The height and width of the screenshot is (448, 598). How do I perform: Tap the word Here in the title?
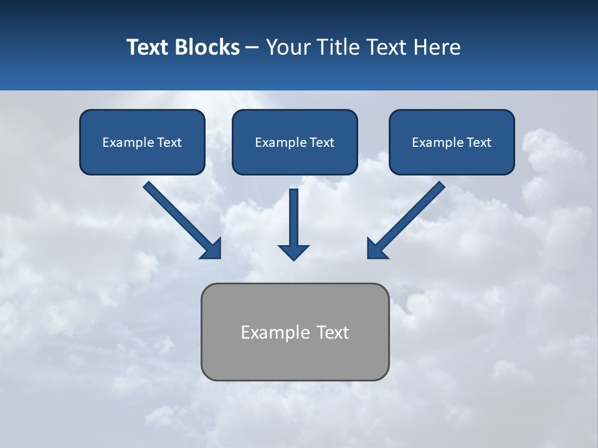437,47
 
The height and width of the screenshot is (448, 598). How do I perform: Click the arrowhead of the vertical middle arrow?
293,252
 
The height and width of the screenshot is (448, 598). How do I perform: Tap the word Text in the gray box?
333,332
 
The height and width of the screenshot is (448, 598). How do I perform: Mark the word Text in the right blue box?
479,142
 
